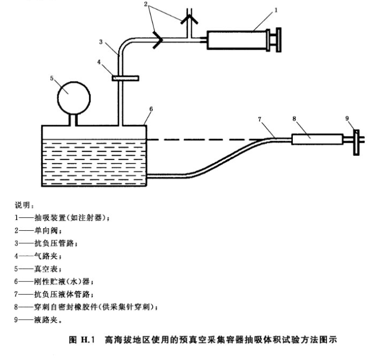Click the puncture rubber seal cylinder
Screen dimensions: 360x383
click(317, 138)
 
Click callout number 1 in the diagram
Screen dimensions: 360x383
click(276, 9)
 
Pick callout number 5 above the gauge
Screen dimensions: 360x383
click(52, 78)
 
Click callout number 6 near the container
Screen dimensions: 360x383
click(151, 109)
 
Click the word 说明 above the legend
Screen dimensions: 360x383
click(24, 205)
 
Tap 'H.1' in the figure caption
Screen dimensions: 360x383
click(86, 339)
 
